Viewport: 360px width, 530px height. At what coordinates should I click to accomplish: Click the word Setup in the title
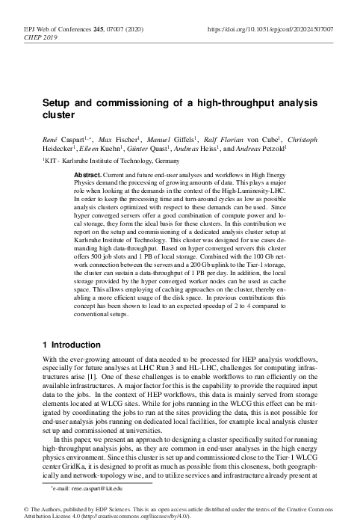click(x=56, y=105)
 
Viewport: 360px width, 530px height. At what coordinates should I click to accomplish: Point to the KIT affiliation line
click(x=111, y=161)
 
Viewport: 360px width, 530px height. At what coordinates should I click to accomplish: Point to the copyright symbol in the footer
click(x=17, y=508)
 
